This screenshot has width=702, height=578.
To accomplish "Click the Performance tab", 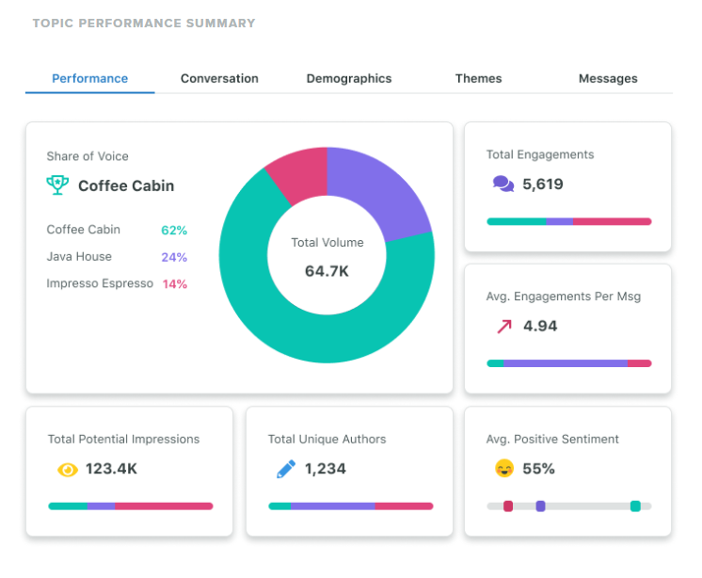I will tap(90, 79).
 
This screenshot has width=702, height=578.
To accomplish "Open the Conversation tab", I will tap(219, 79).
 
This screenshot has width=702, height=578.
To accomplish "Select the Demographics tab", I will tap(349, 79).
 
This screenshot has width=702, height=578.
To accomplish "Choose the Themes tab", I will tap(478, 79).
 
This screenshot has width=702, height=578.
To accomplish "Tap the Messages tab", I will tap(608, 79).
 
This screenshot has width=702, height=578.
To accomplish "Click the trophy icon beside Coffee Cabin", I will tap(57, 185).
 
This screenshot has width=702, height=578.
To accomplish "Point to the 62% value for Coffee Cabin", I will tap(174, 230).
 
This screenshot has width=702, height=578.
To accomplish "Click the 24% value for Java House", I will tap(174, 257).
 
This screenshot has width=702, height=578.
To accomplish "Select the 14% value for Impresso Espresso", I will tap(175, 284).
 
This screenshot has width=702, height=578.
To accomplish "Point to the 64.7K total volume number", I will tap(327, 271).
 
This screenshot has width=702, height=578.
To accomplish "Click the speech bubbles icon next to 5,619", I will tap(503, 185).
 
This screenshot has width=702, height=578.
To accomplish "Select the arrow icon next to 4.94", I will tap(504, 327).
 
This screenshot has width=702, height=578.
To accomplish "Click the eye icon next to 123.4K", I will tap(67, 469).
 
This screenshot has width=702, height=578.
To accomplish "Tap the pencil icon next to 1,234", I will tap(286, 469).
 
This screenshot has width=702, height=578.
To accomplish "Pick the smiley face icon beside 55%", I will tap(504, 469).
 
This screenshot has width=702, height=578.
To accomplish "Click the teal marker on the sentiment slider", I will tap(635, 506).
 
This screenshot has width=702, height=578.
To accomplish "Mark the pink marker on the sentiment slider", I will tap(508, 506).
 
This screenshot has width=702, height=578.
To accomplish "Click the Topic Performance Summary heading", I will tap(144, 23).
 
